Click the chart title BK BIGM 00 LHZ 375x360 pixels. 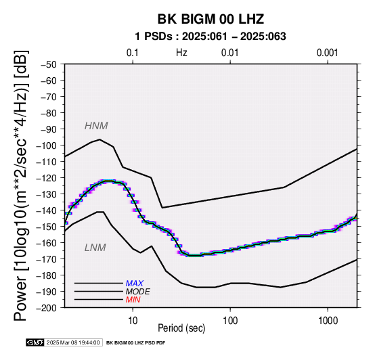pyautogui.click(x=211, y=19)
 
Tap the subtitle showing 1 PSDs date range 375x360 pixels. pyautogui.click(x=211, y=37)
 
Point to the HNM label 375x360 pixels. pyautogui.click(x=96, y=126)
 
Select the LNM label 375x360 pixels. pyautogui.click(x=95, y=248)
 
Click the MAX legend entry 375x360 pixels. pyautogui.click(x=135, y=284)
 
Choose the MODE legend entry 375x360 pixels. pyautogui.click(x=138, y=292)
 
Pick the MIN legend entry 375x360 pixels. pyautogui.click(x=133, y=300)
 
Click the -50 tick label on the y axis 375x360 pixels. pyautogui.click(x=49, y=64)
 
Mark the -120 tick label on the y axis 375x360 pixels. pyautogui.click(x=47, y=178)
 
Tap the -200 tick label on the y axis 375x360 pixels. pyautogui.click(x=47, y=308)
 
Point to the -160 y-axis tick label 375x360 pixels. pyautogui.click(x=47, y=243)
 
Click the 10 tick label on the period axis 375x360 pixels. pyautogui.click(x=133, y=321)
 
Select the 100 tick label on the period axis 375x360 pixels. pyautogui.click(x=230, y=321)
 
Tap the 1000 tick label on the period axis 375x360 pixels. pyautogui.click(x=328, y=321)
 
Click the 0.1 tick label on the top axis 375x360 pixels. pyautogui.click(x=133, y=53)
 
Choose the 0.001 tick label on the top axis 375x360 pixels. pyautogui.click(x=327, y=53)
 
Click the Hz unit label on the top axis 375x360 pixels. pyautogui.click(x=181, y=53)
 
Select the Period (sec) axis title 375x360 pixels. pyautogui.click(x=181, y=328)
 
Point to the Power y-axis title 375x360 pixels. pyautogui.click(x=20, y=185)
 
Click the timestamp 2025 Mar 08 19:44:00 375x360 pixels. pyautogui.click(x=73, y=343)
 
